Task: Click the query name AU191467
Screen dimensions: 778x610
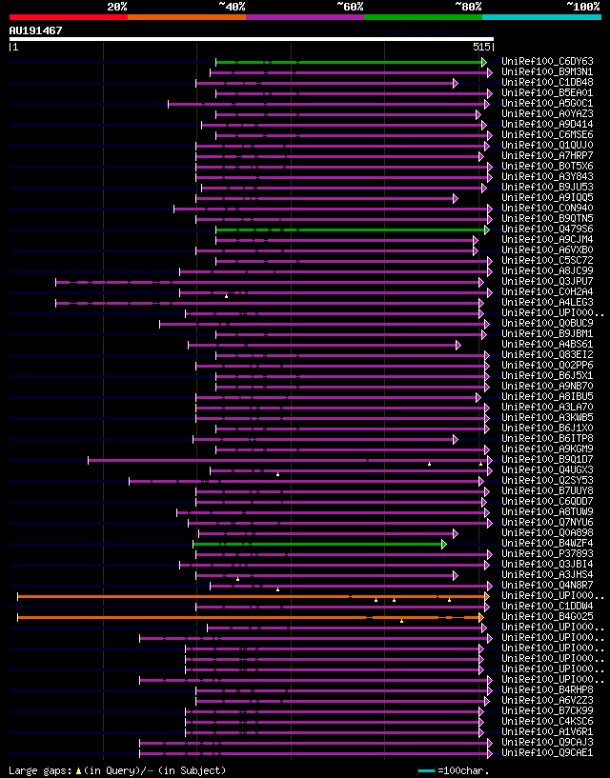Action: (x=35, y=30)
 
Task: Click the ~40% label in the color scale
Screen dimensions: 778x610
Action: (x=232, y=7)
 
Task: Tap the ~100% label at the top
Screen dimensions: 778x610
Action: (x=582, y=7)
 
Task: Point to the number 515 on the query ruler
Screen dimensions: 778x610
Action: (x=480, y=47)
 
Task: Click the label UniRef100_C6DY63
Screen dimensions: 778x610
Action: (x=546, y=62)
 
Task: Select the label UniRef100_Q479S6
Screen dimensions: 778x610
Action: (x=546, y=229)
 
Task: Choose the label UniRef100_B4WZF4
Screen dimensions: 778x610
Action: (x=546, y=544)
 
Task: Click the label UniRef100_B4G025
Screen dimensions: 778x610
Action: (x=546, y=617)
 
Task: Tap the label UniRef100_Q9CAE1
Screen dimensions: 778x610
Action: (x=546, y=753)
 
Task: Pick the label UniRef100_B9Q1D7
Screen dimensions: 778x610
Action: (x=546, y=460)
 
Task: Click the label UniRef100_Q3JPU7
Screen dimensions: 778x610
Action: (x=546, y=282)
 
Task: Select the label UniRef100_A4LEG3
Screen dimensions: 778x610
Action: (x=546, y=303)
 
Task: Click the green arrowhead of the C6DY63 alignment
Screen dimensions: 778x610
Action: (x=486, y=62)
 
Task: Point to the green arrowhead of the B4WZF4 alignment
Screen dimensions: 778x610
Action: (x=444, y=544)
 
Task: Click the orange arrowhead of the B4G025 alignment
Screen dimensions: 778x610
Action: (x=481, y=617)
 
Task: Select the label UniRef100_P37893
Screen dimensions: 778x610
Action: (x=546, y=554)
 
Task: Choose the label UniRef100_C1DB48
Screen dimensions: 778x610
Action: (x=546, y=83)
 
